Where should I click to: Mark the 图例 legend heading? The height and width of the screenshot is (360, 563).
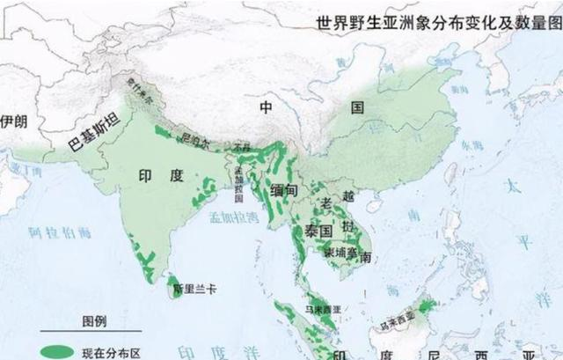[x=94, y=322]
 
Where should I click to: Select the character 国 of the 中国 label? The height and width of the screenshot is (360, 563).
[x=357, y=108]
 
